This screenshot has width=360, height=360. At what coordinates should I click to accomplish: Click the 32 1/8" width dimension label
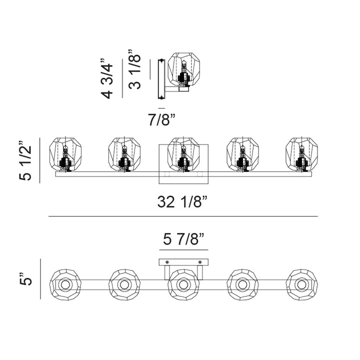[182, 202]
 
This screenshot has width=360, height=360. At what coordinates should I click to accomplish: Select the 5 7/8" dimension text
[183, 239]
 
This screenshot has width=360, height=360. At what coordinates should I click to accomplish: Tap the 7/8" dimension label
[161, 119]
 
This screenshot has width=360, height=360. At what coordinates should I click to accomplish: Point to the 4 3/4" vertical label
[107, 78]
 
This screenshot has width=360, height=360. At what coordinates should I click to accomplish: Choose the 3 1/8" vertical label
[134, 69]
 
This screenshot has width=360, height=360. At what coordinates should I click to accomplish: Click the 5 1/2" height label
[25, 160]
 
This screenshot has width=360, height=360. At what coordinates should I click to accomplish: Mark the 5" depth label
[25, 279]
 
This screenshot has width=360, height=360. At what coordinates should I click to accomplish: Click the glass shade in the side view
[183, 69]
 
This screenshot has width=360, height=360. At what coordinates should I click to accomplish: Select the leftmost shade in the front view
[65, 154]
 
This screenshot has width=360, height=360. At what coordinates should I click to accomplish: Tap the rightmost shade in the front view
[301, 154]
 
